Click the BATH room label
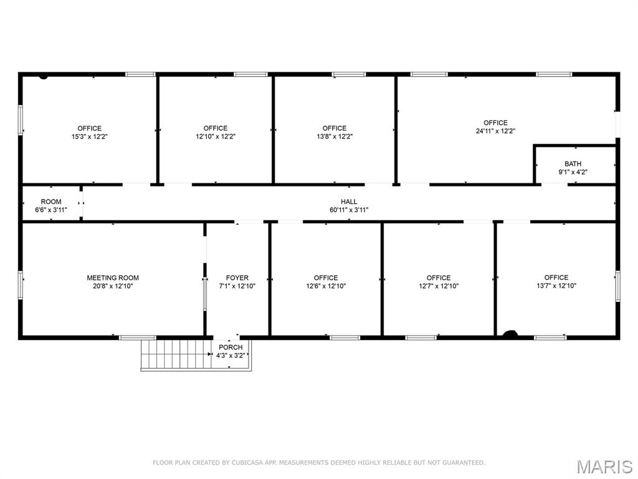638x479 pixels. (573, 164)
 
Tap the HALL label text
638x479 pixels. (349, 201)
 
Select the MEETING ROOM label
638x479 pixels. (113, 278)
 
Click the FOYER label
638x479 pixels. (237, 278)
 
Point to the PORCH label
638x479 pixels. (231, 347)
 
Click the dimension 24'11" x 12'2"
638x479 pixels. (495, 131)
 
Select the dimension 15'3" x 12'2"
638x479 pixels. (90, 137)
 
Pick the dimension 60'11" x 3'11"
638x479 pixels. (349, 210)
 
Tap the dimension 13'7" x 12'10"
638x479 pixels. (556, 286)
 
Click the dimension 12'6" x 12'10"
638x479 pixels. (326, 286)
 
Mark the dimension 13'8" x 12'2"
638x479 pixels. (335, 137)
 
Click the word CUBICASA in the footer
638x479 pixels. (245, 463)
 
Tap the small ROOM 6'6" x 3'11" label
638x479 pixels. (51, 206)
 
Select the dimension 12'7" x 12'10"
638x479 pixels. (439, 286)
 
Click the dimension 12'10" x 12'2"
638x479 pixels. (216, 137)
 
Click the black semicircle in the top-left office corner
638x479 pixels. (44, 76)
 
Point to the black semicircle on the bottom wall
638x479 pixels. (510, 334)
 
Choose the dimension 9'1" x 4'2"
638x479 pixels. (573, 172)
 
